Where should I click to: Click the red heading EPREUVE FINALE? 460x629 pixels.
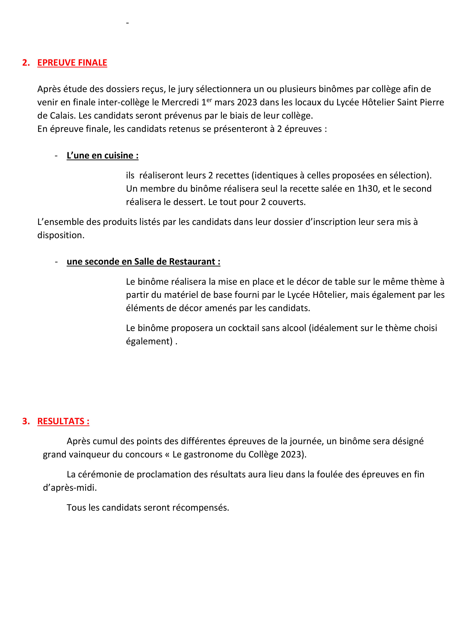[72, 63]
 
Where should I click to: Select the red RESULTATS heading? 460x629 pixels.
[63, 421]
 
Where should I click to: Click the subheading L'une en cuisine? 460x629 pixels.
[103, 155]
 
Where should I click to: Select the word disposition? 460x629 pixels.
[61, 235]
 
